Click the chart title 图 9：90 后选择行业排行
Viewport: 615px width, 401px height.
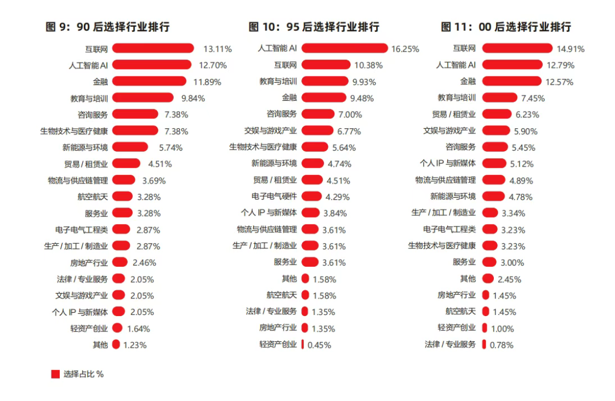107,27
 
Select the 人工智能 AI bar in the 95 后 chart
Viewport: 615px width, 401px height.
344,48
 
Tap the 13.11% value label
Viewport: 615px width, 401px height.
218,49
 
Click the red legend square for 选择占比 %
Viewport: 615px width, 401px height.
55,374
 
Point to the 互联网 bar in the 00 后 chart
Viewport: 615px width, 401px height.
517,48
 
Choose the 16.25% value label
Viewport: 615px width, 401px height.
405,49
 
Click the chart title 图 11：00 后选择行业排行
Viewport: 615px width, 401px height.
506,27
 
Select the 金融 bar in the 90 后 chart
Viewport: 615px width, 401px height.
149,81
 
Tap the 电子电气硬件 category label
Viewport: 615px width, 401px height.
274,196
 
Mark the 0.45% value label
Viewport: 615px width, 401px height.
319,345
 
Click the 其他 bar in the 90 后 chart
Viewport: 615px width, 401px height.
116,345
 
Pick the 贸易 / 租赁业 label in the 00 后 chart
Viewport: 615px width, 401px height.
454,114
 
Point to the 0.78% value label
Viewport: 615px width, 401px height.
502,345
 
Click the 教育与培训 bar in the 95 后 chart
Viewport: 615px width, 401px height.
324,81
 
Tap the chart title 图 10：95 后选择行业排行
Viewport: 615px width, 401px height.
314,27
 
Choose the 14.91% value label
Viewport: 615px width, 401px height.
571,49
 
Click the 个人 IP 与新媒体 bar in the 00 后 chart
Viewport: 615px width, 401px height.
494,163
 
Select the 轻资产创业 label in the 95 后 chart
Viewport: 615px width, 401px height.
278,344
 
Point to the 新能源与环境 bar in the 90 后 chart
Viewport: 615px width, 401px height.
130,147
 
